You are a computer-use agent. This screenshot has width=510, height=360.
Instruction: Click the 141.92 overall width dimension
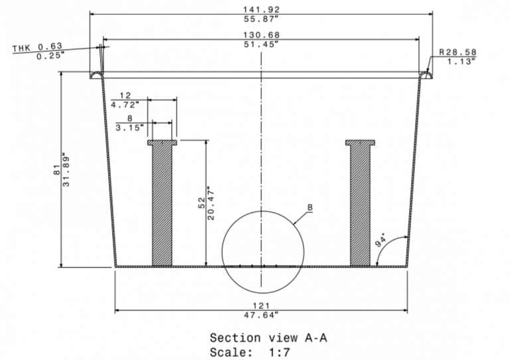261,9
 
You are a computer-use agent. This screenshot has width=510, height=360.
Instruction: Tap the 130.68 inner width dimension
261,35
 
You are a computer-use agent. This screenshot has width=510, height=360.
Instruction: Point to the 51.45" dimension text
261,44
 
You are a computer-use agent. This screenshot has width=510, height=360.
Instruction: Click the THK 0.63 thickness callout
37,46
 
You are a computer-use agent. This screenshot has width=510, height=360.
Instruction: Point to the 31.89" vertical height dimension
66,169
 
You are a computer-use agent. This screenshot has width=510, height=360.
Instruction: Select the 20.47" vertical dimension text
211,203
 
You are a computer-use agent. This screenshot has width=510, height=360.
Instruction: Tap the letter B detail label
309,208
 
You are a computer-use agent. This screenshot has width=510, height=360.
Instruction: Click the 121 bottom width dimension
261,305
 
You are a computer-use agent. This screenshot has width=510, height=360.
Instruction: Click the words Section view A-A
268,338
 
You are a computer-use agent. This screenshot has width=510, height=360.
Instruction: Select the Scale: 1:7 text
250,352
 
